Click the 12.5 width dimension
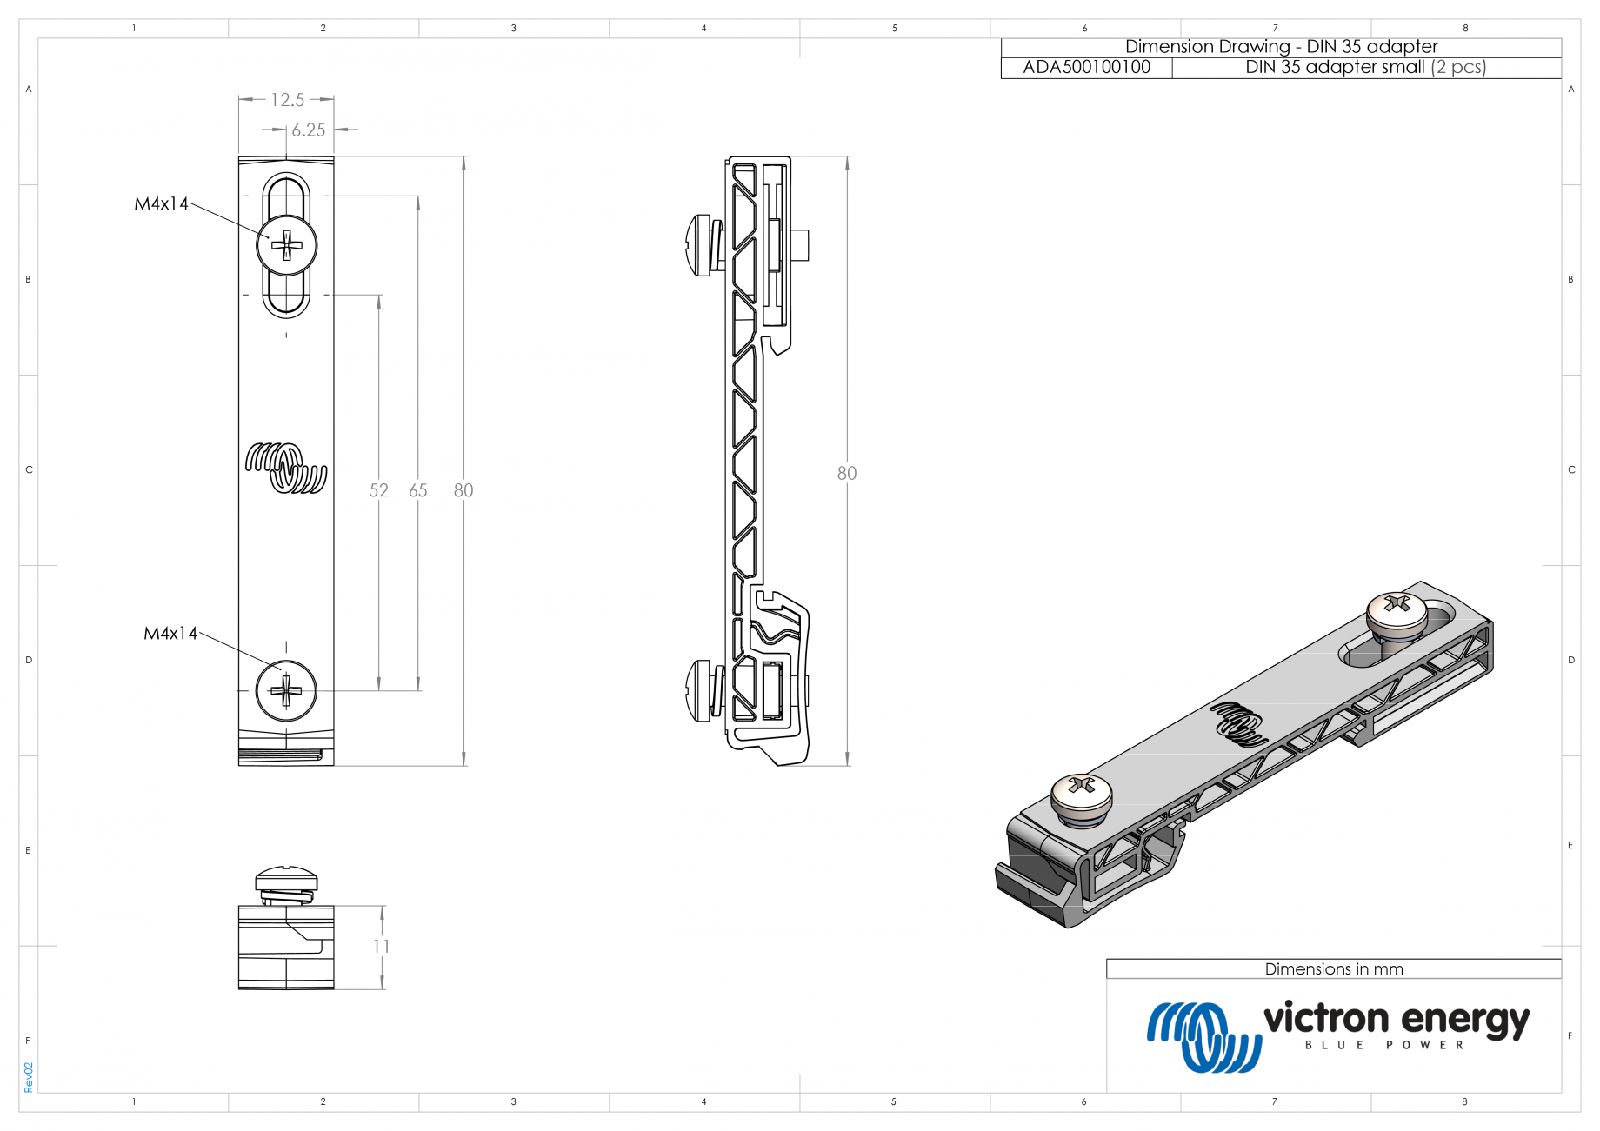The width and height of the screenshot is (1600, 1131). (x=287, y=100)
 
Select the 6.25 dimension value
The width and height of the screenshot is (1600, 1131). (x=308, y=130)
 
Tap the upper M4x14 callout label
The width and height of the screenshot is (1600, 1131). (x=161, y=203)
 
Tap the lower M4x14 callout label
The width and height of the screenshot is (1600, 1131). (x=170, y=633)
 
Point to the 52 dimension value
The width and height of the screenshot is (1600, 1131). (x=378, y=490)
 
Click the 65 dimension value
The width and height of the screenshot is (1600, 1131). (x=418, y=490)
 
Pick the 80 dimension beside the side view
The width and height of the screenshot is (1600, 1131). (x=846, y=473)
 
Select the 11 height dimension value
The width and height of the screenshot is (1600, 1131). (x=382, y=946)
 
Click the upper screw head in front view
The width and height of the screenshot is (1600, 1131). (x=286, y=246)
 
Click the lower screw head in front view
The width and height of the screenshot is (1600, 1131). (x=286, y=691)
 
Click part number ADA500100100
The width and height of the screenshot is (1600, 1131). (x=1086, y=68)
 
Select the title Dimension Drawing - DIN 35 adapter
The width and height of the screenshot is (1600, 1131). (x=1281, y=47)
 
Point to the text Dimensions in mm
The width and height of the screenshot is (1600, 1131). (x=1333, y=968)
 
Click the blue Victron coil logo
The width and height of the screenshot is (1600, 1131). (x=1203, y=1036)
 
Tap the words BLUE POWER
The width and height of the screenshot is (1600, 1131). (x=1384, y=1045)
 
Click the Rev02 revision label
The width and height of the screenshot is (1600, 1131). (x=28, y=1076)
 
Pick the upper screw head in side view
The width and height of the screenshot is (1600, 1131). (x=701, y=245)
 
